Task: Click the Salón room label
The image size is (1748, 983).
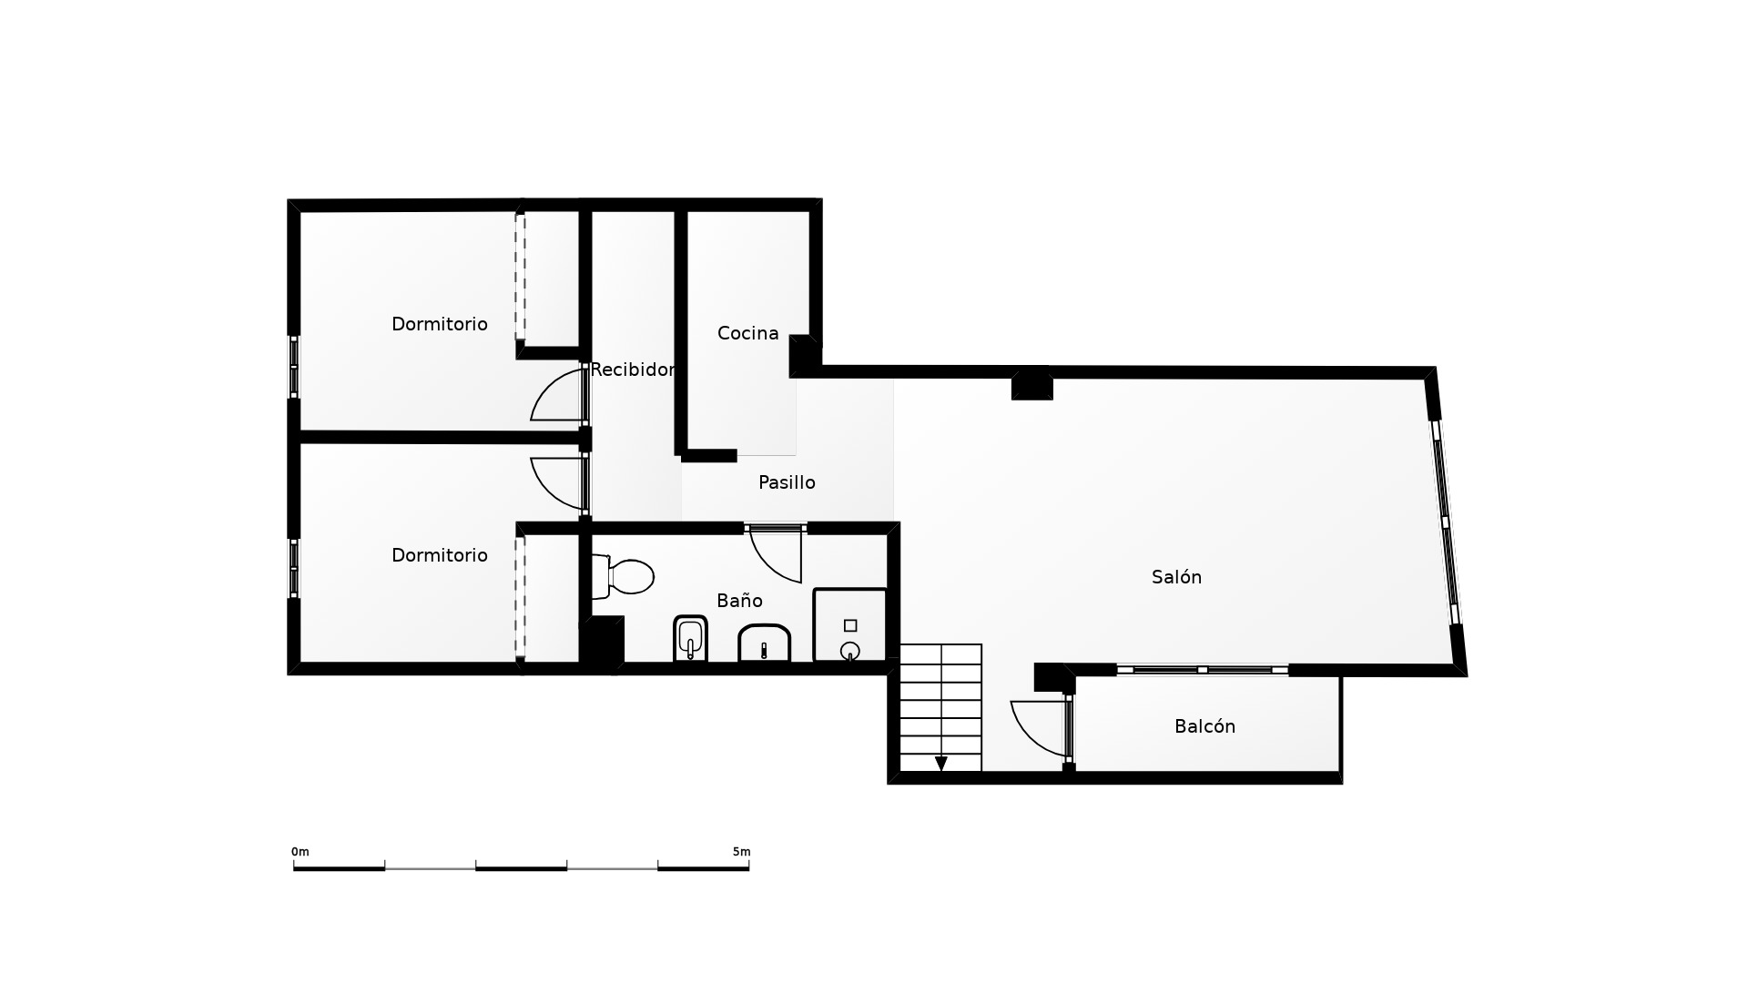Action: [x=1176, y=577]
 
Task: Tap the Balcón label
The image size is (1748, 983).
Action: [x=1204, y=726]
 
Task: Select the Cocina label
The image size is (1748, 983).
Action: [x=747, y=333]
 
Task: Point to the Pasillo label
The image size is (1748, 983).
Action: [x=787, y=482]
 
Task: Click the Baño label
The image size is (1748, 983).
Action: [x=739, y=601]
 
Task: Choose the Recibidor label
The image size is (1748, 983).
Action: [x=633, y=370]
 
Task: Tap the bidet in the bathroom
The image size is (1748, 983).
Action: [x=690, y=638]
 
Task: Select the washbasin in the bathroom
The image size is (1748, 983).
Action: [x=764, y=643]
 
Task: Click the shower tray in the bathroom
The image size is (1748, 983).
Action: [x=849, y=625]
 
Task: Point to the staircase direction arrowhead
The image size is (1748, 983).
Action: [x=940, y=764]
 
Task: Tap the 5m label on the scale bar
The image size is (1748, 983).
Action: [x=741, y=852]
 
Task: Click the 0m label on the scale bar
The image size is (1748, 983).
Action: [x=300, y=852]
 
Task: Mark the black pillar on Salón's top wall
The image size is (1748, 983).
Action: [x=1032, y=386]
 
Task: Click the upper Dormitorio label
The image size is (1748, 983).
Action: [x=439, y=324]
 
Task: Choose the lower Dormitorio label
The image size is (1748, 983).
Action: [x=439, y=555]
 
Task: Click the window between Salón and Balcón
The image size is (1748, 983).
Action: [x=1203, y=670]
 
